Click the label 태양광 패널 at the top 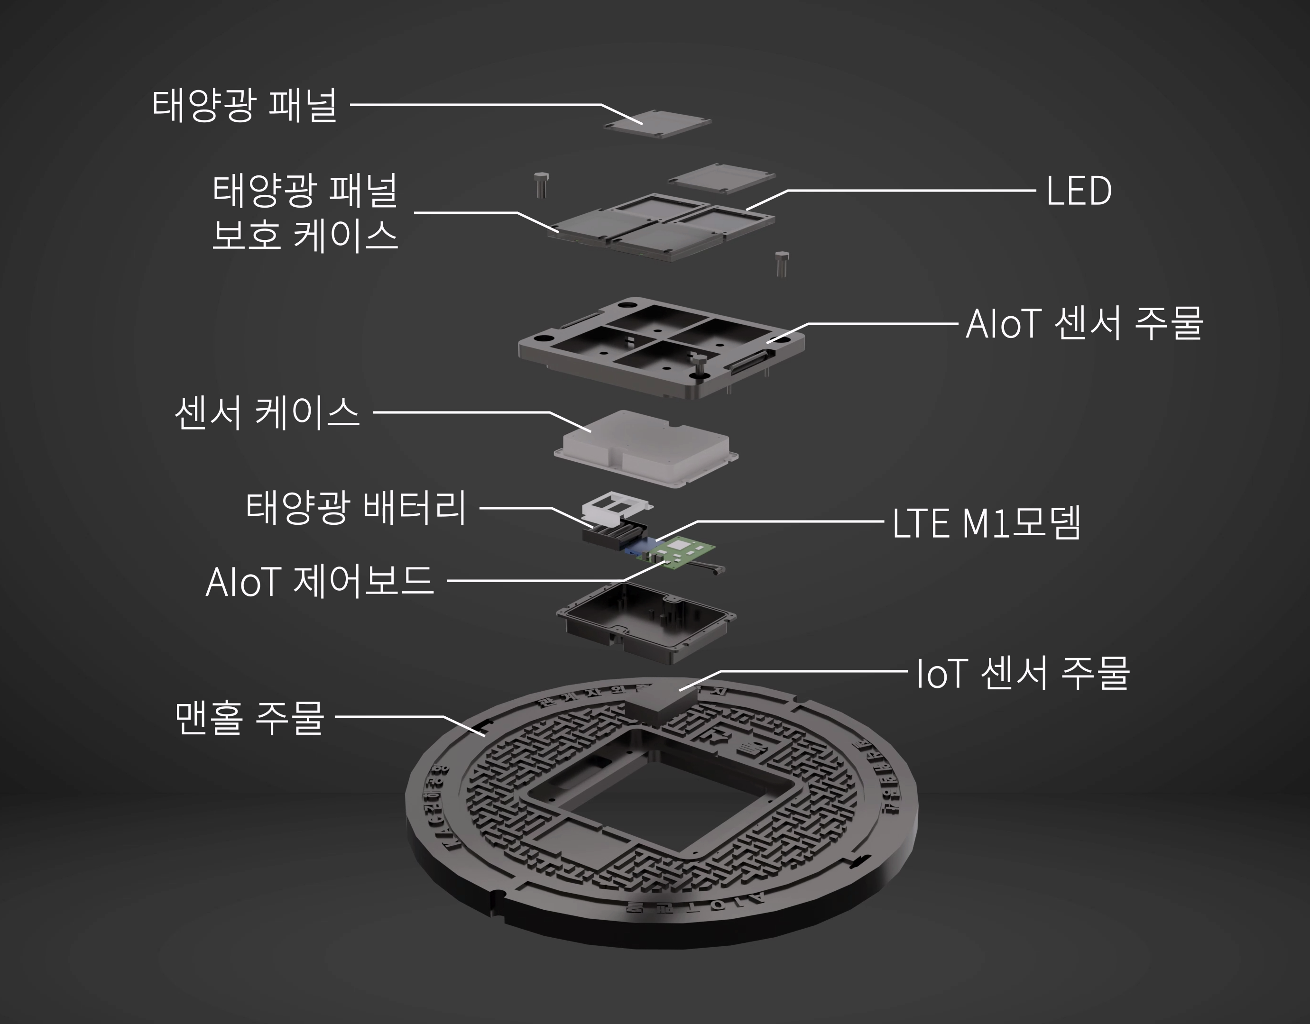[x=244, y=106]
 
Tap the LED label [x=1079, y=191]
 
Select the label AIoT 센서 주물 [x=1084, y=324]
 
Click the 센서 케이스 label [x=267, y=412]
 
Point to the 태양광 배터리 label [x=356, y=508]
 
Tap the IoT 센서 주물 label [x=1023, y=673]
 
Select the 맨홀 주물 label [x=249, y=717]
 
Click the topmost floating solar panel [x=657, y=124]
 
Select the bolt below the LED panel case [x=782, y=264]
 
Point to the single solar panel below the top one [x=721, y=179]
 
